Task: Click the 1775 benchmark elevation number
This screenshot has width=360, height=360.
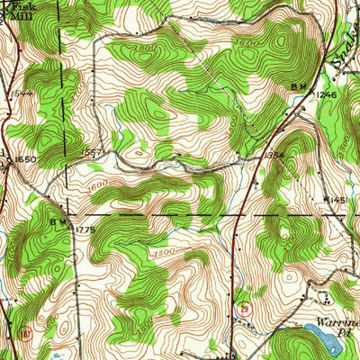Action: click(x=85, y=230)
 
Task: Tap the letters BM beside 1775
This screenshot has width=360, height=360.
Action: click(x=58, y=220)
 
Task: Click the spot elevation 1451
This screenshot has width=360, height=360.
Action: click(x=338, y=200)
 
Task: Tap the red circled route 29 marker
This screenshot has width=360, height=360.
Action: click(x=244, y=308)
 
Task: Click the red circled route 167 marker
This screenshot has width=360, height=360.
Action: click(x=23, y=332)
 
